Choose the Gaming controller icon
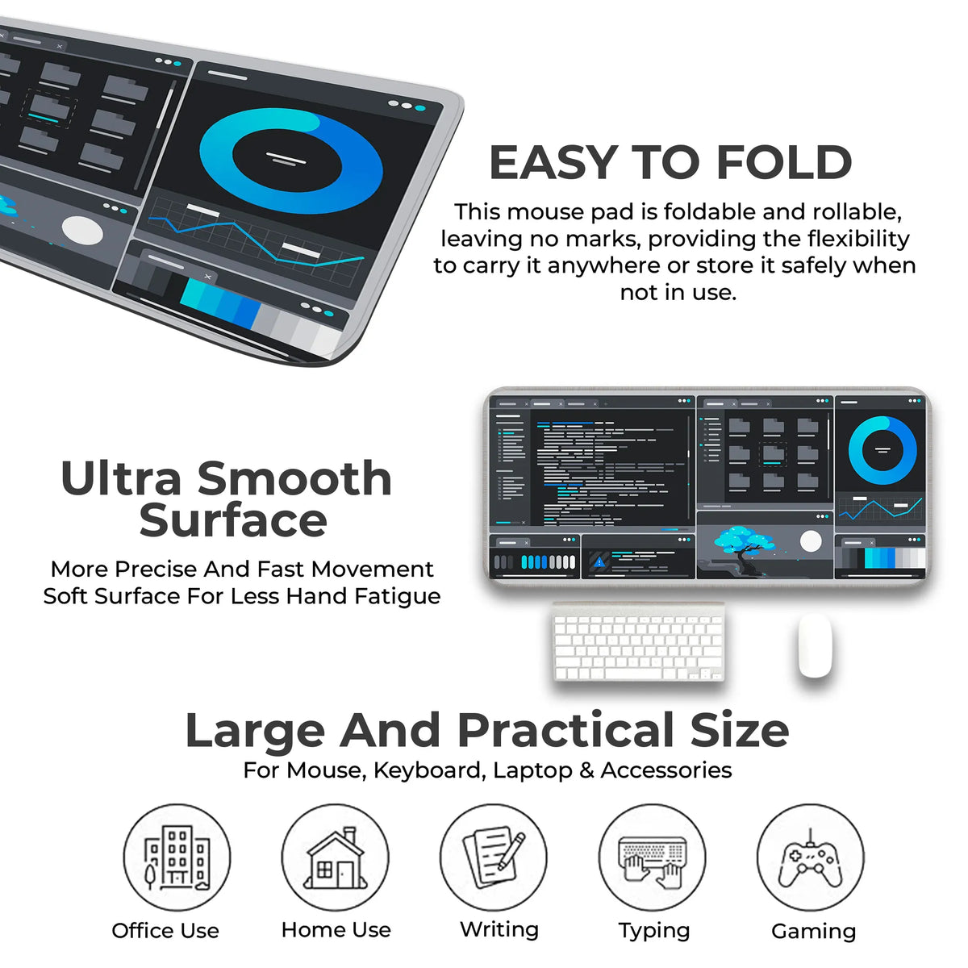pos(810,861)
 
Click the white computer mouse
pos(815,645)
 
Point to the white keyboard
pos(638,642)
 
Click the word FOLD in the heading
pos(784,162)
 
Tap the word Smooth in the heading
pos(294,478)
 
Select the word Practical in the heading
pos(565,732)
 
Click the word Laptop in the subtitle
pos(532,770)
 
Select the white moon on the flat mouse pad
pos(811,541)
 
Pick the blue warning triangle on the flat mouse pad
pos(599,562)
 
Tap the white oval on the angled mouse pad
pos(82,231)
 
